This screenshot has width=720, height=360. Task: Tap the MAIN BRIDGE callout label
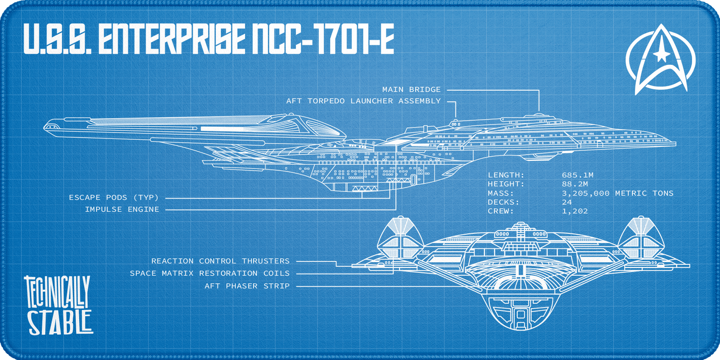(412, 90)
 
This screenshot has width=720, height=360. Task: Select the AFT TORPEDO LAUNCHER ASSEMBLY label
(363, 101)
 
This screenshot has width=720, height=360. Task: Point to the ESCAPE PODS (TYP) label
(114, 198)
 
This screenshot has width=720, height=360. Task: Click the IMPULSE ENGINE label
(122, 209)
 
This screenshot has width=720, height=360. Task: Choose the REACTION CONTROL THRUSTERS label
(220, 261)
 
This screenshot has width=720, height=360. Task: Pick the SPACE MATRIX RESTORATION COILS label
(210, 273)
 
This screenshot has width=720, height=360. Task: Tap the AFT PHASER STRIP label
(247, 286)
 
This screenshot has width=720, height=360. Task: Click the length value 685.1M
(577, 175)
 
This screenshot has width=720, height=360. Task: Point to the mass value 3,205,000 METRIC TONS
(617, 193)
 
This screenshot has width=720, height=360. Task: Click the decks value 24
(567, 202)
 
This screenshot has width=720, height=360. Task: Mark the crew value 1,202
(575, 211)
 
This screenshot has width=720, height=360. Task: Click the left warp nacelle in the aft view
(399, 240)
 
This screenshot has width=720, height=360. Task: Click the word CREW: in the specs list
(500, 211)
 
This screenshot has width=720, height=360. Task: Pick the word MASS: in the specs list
(500, 193)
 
